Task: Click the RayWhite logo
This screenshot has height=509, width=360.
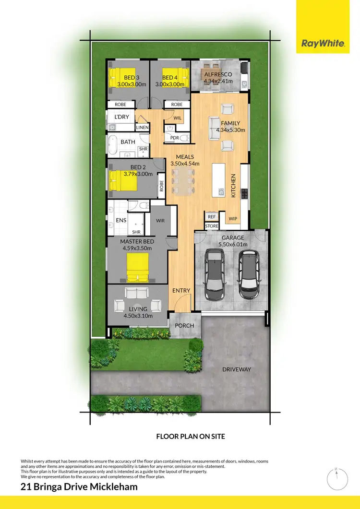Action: point(323,44)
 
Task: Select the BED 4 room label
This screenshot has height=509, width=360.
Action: point(170,78)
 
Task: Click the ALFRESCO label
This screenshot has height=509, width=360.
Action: point(218,74)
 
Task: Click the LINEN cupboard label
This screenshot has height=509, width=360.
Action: point(143,128)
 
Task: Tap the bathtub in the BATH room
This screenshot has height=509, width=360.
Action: point(113,143)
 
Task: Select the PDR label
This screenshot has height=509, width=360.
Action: point(175,138)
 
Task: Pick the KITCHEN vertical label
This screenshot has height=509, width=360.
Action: point(234,186)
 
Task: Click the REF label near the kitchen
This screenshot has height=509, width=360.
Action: point(212,217)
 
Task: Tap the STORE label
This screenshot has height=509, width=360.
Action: point(212,225)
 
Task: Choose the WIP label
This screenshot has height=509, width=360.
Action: point(233,219)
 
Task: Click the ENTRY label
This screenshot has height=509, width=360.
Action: point(181,290)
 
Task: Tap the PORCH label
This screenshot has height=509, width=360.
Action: point(184,326)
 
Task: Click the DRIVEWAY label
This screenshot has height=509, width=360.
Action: point(237,369)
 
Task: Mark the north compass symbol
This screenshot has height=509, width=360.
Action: point(337,478)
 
